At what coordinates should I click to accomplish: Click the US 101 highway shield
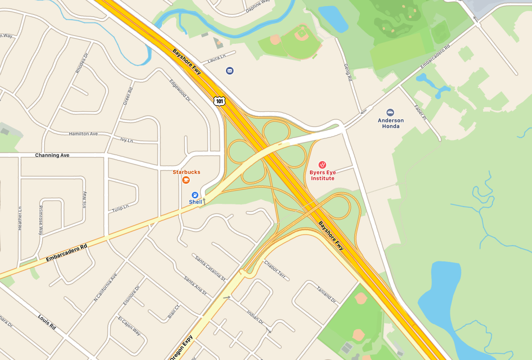coord(219,101)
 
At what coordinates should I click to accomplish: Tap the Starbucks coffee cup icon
coord(186,180)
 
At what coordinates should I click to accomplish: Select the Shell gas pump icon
coord(195,194)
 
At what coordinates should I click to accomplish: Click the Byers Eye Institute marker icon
coord(322,165)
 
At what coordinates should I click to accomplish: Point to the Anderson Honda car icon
coord(390,112)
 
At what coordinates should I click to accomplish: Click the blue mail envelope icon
coord(230,70)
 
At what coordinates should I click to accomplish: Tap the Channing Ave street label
coord(52,155)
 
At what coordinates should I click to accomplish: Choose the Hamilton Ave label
coord(83,133)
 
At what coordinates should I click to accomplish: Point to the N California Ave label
coord(105,287)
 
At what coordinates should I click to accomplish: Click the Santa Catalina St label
coord(210,267)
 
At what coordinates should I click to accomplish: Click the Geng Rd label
coord(347,73)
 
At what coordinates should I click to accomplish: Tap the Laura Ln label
coord(216,59)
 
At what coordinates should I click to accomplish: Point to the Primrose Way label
coord(41,220)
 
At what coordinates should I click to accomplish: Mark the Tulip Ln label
coord(120,207)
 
